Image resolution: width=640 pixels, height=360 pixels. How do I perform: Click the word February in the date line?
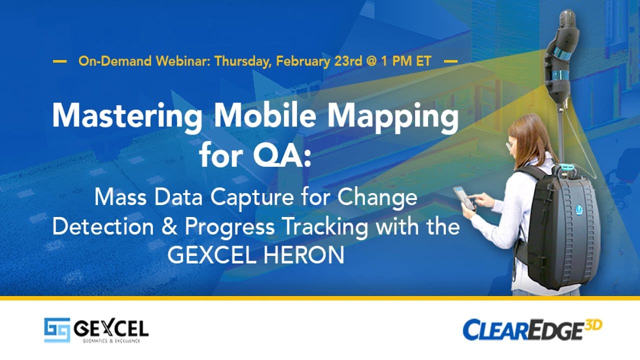coord(303,61)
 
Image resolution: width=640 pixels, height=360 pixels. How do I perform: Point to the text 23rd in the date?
coord(348,61)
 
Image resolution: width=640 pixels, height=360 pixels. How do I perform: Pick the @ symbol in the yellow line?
coord(371,61)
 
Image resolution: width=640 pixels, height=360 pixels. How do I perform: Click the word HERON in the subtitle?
coord(303,255)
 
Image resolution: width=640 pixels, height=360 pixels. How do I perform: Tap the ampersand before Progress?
coord(169,226)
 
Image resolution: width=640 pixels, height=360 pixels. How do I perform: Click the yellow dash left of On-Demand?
coord(59,61)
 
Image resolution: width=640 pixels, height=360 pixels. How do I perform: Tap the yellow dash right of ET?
coord(450,61)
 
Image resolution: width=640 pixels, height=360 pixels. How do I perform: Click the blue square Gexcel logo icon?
coord(57,330)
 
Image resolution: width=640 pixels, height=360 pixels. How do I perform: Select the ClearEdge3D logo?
coord(532,329)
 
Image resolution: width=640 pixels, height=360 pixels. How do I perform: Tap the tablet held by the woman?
coord(464,197)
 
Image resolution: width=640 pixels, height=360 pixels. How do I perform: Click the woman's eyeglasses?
coord(510,145)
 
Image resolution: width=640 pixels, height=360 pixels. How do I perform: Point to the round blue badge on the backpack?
coord(579,209)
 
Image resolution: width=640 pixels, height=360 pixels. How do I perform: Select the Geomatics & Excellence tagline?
coord(111,341)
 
